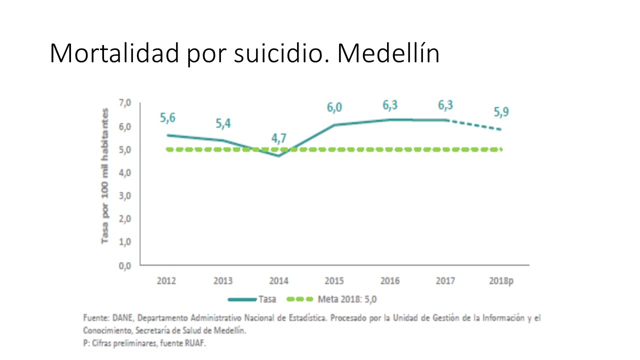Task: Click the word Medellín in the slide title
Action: coord(388,53)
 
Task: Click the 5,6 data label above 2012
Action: coord(167,118)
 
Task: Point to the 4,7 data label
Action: coord(279,138)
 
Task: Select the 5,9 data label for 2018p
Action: coord(501,112)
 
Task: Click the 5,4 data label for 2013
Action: coord(223,123)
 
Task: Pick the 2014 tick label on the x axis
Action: coord(279,281)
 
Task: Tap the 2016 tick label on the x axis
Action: coord(390,281)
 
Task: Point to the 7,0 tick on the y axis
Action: coord(124,103)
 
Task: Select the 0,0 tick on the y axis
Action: coord(124,265)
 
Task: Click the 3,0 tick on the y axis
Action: coord(124,196)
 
